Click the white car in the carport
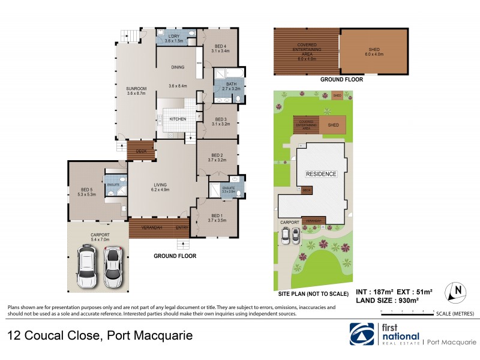click(x=88, y=268)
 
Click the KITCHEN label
click(x=178, y=119)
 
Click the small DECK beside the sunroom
click(x=141, y=151)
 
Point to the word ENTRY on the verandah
click(x=181, y=227)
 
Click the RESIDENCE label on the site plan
click(x=322, y=174)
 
